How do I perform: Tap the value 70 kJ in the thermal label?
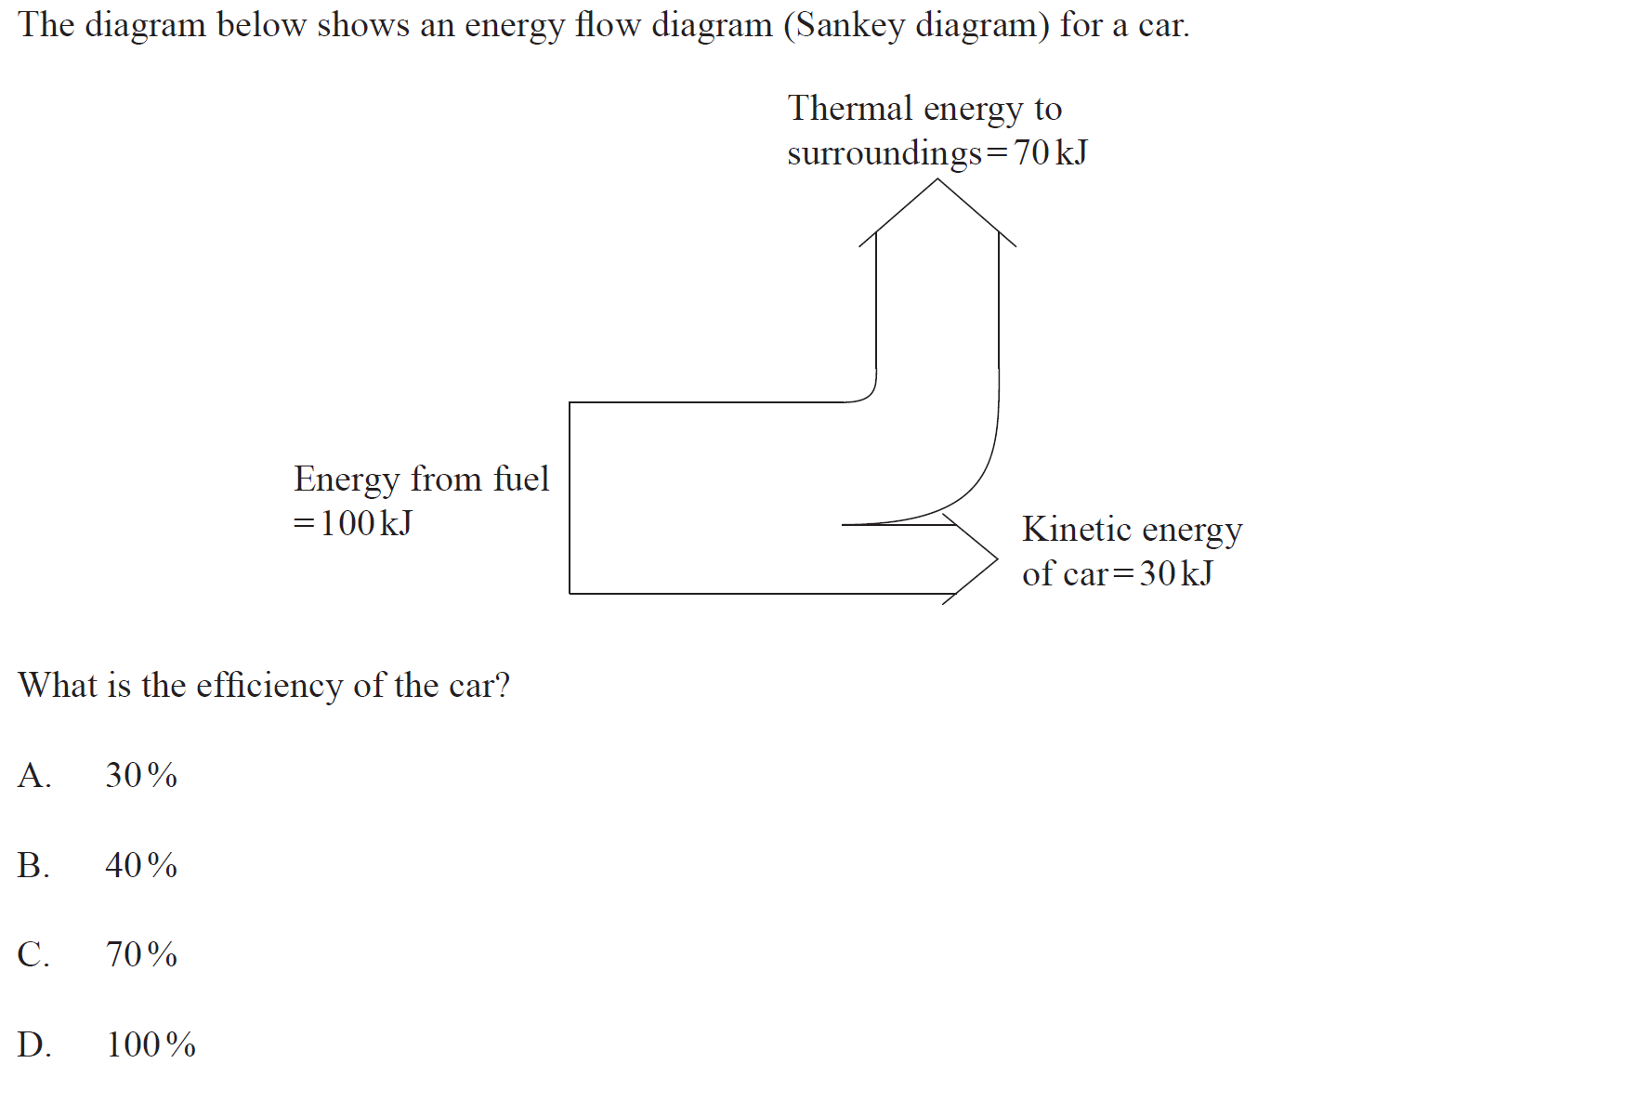point(1050,152)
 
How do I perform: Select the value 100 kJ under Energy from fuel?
point(365,523)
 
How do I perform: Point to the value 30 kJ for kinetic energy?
point(1176,573)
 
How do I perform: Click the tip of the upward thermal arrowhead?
point(937,180)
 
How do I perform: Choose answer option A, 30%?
point(140,775)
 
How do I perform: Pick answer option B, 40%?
point(140,865)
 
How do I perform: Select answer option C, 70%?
point(140,954)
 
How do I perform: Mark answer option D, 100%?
point(151,1044)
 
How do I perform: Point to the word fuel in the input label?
point(521,479)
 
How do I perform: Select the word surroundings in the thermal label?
point(884,152)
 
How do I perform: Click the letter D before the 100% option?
point(33,1044)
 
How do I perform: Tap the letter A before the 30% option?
point(33,775)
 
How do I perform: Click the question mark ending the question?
point(503,686)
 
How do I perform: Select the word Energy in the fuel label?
point(347,479)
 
